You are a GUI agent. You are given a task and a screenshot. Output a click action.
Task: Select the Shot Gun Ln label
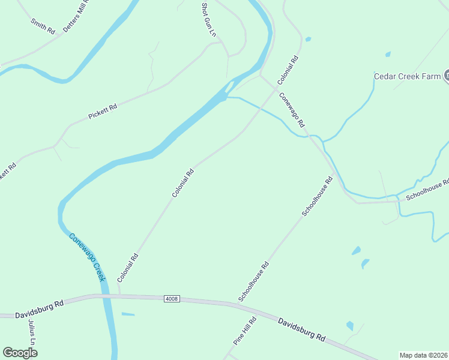[x=208, y=20]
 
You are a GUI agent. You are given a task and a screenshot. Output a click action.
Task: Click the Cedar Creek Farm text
[x=408, y=76]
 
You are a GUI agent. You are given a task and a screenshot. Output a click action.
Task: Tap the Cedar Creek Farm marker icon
[x=447, y=76]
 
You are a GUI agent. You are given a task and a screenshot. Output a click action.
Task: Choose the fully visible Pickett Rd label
[x=102, y=112]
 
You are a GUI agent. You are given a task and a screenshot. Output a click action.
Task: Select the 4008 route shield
[x=171, y=298]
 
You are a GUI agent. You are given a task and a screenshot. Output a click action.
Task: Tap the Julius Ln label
[x=32, y=332]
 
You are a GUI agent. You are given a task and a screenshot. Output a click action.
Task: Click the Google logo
[x=20, y=353]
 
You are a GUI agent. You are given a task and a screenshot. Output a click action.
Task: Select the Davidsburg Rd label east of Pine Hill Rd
[x=301, y=329]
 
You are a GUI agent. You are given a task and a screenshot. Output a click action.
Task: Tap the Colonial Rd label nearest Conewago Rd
[x=288, y=71]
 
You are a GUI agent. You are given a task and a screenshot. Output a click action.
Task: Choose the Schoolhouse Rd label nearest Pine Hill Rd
[x=254, y=281]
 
